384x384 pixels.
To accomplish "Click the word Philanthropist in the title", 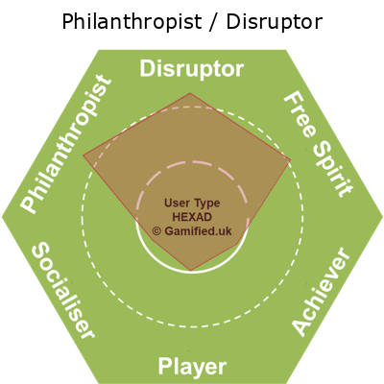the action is click(x=132, y=22).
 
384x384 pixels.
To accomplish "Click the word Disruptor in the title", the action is click(x=275, y=22).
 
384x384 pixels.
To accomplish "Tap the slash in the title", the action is click(x=214, y=21).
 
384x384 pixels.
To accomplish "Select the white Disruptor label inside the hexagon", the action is click(x=192, y=69).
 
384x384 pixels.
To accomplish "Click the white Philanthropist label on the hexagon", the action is click(x=66, y=144).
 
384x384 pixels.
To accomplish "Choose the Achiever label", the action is click(x=321, y=291).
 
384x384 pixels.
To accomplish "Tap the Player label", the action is click(x=192, y=367).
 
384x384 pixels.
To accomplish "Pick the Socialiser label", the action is click(x=63, y=290).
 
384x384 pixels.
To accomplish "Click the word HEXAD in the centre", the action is click(x=192, y=217).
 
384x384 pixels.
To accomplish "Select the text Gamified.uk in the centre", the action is click(x=198, y=231).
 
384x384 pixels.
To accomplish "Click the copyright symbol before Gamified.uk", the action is click(x=156, y=231).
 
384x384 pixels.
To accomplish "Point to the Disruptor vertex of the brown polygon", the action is click(x=190, y=93).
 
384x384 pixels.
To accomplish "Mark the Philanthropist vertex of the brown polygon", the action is click(x=84, y=156).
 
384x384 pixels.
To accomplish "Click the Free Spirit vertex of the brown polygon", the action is click(x=291, y=159).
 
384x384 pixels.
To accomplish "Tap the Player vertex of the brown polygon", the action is click(x=191, y=271).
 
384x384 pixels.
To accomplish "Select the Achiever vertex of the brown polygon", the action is click(x=237, y=245).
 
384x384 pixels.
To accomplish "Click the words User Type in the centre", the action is click(x=192, y=204).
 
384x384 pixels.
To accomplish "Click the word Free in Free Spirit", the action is click(x=299, y=114).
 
